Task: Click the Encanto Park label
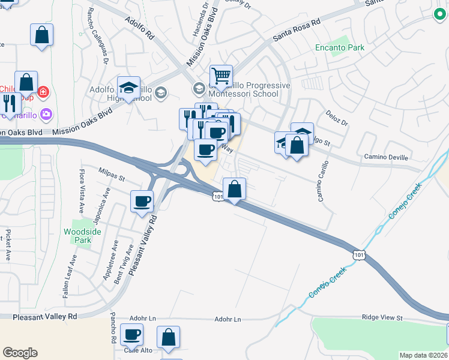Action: point(340,47)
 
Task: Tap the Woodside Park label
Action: point(78,235)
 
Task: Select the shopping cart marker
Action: point(221,76)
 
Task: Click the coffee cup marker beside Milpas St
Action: point(142,201)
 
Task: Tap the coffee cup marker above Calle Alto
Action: point(131,334)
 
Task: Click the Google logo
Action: point(20,353)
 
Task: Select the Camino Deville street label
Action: point(386,157)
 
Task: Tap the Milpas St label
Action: point(112,178)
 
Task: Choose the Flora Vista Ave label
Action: point(82,187)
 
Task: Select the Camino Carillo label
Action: point(323,181)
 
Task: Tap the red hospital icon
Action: point(43,92)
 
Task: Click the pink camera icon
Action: point(47,114)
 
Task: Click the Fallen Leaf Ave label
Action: point(69,276)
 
